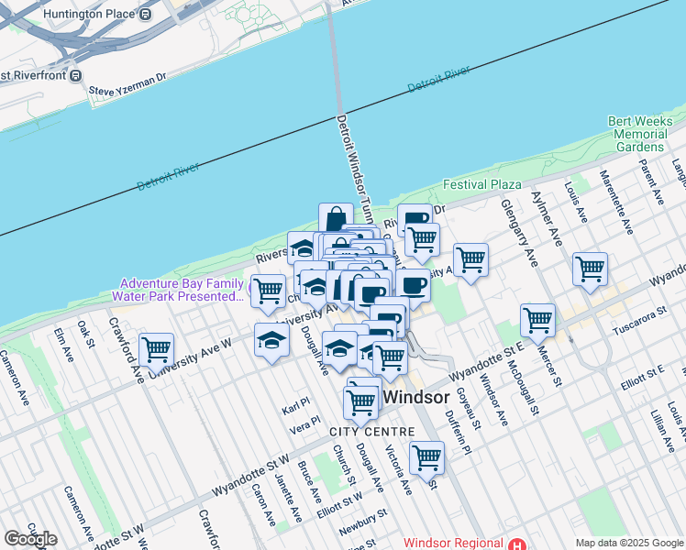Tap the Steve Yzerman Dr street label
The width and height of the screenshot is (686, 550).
click(127, 90)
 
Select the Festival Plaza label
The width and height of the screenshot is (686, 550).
click(481, 184)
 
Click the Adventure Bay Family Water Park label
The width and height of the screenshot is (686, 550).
click(179, 290)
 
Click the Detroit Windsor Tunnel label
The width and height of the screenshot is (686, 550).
click(353, 165)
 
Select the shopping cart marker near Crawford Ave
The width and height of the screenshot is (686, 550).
click(156, 348)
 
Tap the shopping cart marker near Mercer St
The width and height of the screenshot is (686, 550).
click(537, 320)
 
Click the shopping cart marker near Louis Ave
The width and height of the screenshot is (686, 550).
click(590, 269)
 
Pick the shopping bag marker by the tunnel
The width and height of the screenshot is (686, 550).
click(336, 218)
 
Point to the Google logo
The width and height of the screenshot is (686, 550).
click(30, 539)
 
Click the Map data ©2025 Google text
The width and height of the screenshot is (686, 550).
click(628, 543)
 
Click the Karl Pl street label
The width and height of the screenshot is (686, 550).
click(296, 405)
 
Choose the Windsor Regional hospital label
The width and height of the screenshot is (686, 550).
click(454, 543)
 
